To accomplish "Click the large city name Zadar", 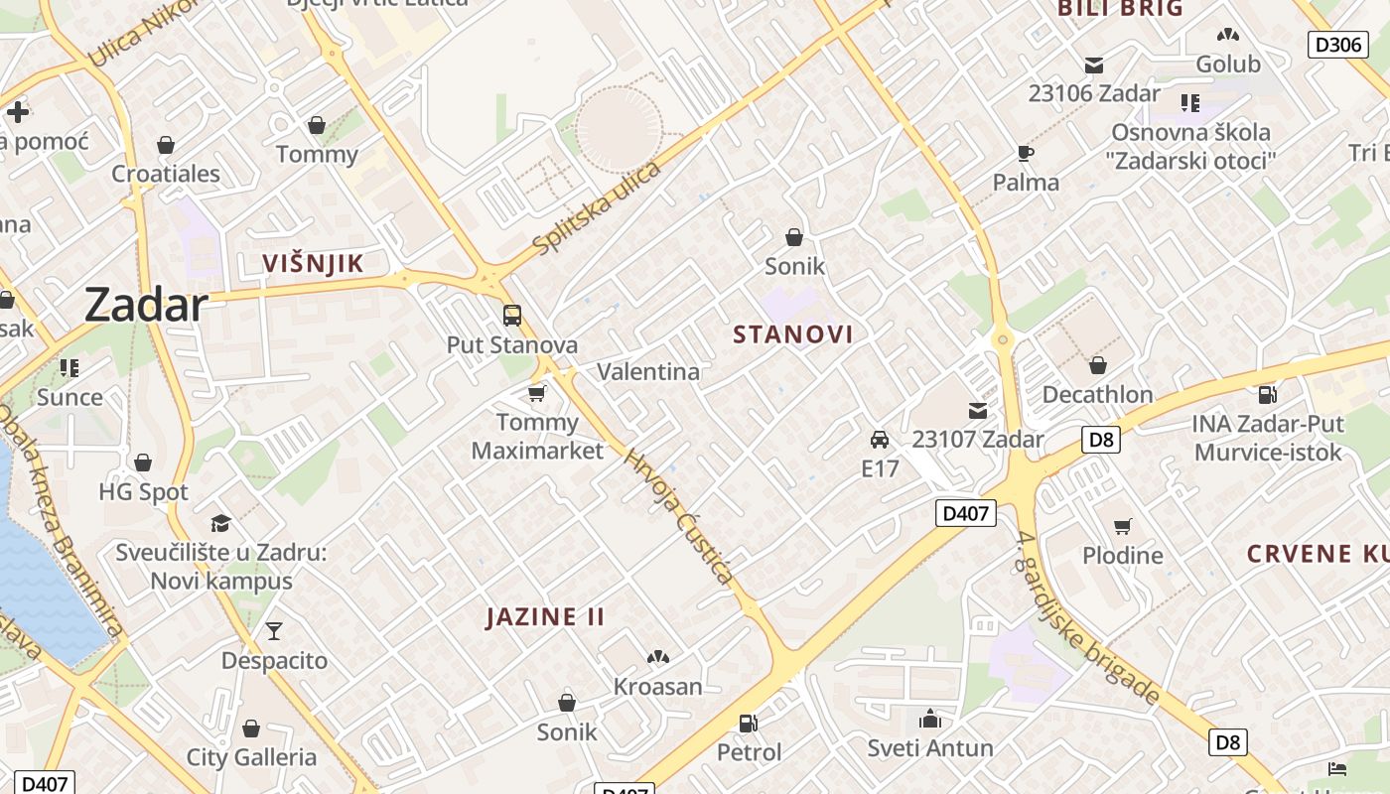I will click(x=146, y=305).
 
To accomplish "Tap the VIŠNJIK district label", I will click(x=313, y=263).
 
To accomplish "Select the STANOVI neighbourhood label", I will click(x=793, y=334).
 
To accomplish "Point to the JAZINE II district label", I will click(x=545, y=617).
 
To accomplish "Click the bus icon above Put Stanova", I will click(x=512, y=316).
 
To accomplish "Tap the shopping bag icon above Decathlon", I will click(x=1097, y=365).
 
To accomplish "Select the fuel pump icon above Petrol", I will click(x=749, y=724).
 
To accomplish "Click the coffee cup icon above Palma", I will click(x=1026, y=153).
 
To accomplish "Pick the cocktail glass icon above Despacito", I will click(x=273, y=630).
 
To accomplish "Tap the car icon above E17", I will click(x=879, y=439).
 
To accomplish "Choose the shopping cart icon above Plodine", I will click(x=1122, y=526).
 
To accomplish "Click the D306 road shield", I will click(x=1337, y=44).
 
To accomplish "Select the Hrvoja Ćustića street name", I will click(x=680, y=516).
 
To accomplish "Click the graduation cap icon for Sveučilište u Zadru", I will click(x=220, y=523).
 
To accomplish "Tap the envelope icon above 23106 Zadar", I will click(x=1094, y=66).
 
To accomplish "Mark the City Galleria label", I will click(x=251, y=758).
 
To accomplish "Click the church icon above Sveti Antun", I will click(x=930, y=718).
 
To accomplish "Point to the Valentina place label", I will click(x=647, y=372).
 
